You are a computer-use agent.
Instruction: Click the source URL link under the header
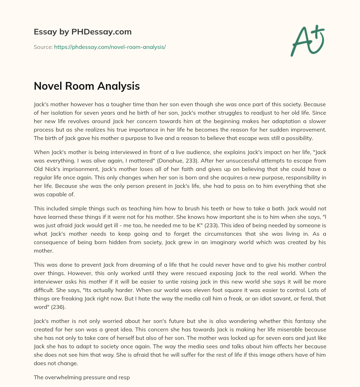point(110,47)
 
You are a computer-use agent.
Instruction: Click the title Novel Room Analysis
point(86,86)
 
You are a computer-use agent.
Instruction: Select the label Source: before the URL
point(43,47)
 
